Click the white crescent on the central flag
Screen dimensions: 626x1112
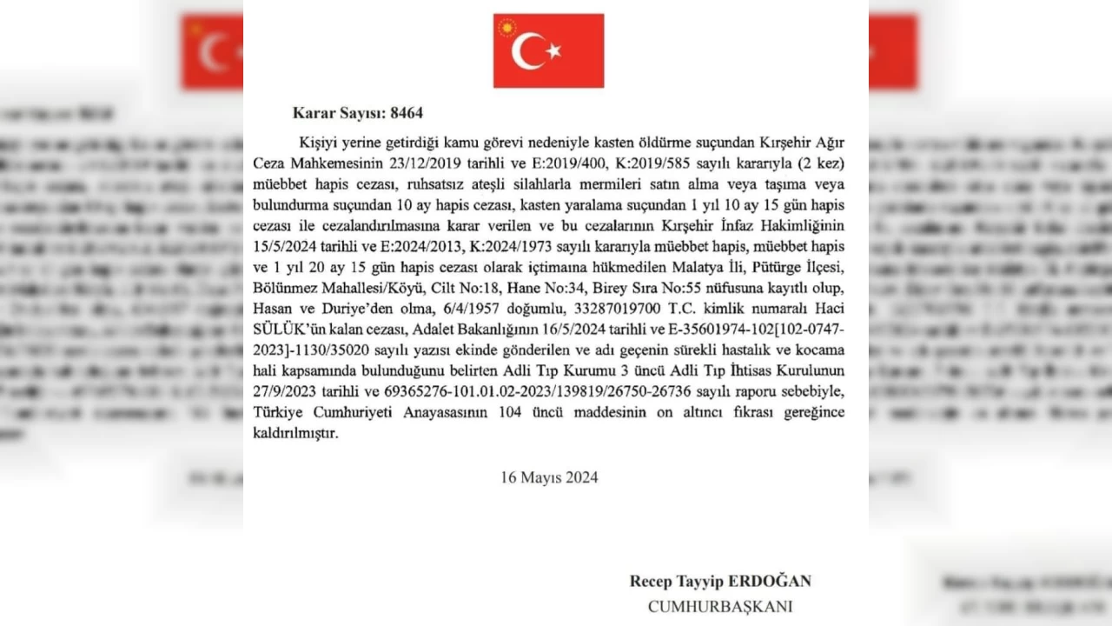pyautogui.click(x=526, y=51)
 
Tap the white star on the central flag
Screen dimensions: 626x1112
pyautogui.click(x=553, y=51)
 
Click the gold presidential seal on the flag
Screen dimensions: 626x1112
pyautogui.click(x=506, y=27)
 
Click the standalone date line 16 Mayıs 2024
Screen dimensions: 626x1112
pyautogui.click(x=549, y=477)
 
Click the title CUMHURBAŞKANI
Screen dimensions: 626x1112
pyautogui.click(x=720, y=606)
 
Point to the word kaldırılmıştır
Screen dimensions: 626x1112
pyautogui.click(x=295, y=432)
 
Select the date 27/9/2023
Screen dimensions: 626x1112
pyautogui.click(x=285, y=391)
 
